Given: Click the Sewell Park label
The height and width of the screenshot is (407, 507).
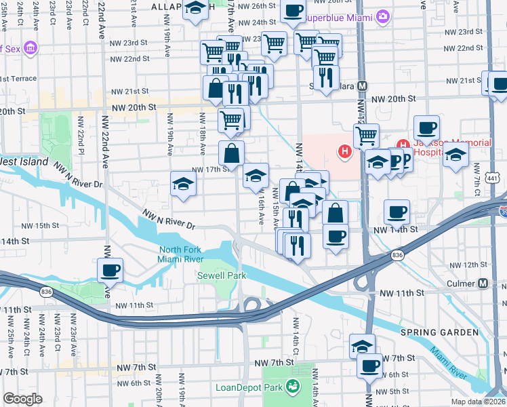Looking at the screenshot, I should pyautogui.click(x=222, y=275).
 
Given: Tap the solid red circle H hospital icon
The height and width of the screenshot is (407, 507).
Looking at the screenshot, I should pyautogui.click(x=346, y=151).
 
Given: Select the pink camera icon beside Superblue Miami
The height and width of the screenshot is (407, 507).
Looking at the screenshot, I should pyautogui.click(x=383, y=15).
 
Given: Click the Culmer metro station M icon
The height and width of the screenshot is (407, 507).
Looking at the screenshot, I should pyautogui.click(x=483, y=283).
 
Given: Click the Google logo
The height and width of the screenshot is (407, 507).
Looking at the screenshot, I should pyautogui.click(x=22, y=399).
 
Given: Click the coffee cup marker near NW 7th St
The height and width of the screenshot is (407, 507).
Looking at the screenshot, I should pyautogui.click(x=369, y=366).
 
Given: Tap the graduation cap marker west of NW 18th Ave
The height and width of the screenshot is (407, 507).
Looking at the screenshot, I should pyautogui.click(x=183, y=184).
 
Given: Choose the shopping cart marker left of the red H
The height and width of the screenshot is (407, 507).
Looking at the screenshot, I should pyautogui.click(x=366, y=136).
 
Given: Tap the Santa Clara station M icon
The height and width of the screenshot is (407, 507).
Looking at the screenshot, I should pyautogui.click(x=362, y=86).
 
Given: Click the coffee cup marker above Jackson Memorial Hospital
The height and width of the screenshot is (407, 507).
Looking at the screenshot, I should pyautogui.click(x=427, y=128).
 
